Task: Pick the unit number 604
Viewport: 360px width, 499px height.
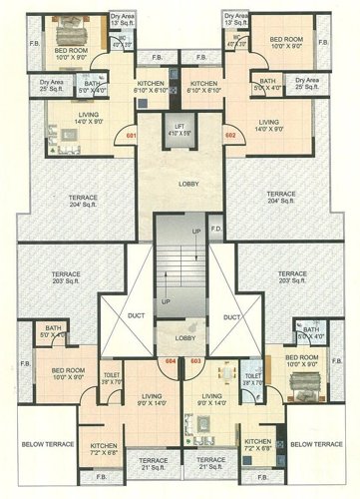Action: pos(170,360)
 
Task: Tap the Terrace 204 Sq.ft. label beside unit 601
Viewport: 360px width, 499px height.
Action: pos(83,202)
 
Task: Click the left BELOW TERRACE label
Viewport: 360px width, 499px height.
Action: pos(43,442)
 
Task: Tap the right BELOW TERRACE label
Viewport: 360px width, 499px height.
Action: pos(317,442)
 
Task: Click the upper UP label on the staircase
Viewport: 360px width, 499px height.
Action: pos(195,232)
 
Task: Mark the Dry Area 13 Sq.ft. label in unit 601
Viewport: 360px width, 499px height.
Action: pos(123,20)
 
